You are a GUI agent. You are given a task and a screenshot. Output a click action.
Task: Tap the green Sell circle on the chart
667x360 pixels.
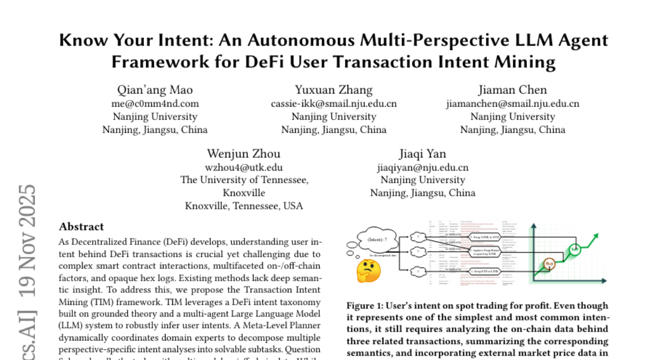click(575, 249)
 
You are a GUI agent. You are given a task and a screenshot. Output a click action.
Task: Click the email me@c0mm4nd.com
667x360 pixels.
click(155, 103)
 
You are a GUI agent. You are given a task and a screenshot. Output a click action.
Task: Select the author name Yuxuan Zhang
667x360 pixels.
click(333, 90)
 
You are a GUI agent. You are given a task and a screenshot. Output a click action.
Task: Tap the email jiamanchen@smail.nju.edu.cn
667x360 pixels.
click(512, 103)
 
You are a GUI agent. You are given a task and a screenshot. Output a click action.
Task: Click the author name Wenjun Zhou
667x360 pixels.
click(243, 154)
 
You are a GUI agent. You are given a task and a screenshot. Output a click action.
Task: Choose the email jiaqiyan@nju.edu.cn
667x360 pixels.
click(422, 167)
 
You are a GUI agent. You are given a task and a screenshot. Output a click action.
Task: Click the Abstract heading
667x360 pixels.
click(81, 227)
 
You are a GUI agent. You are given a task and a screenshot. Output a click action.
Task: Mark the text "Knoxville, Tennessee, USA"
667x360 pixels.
click(244, 206)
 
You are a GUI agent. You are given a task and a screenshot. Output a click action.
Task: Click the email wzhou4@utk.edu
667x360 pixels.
click(243, 167)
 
